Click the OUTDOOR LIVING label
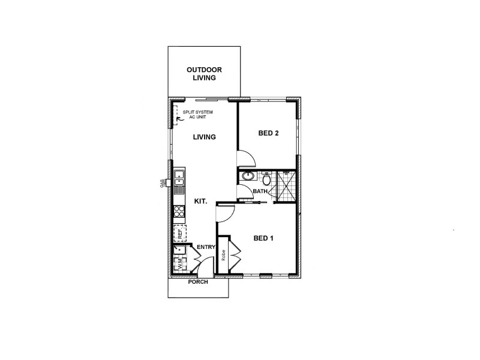[x=204, y=73]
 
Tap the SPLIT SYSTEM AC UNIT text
[x=197, y=115]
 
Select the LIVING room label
[x=204, y=137]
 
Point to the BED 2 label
[x=268, y=133]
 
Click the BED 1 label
[x=263, y=238]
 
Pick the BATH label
[x=260, y=191]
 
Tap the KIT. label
[x=200, y=202]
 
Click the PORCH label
[x=198, y=281]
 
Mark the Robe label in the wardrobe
[x=223, y=256]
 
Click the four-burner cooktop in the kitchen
[x=179, y=211]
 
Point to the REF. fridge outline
[x=179, y=232]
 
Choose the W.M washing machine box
[x=179, y=263]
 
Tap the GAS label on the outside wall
[x=163, y=184]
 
